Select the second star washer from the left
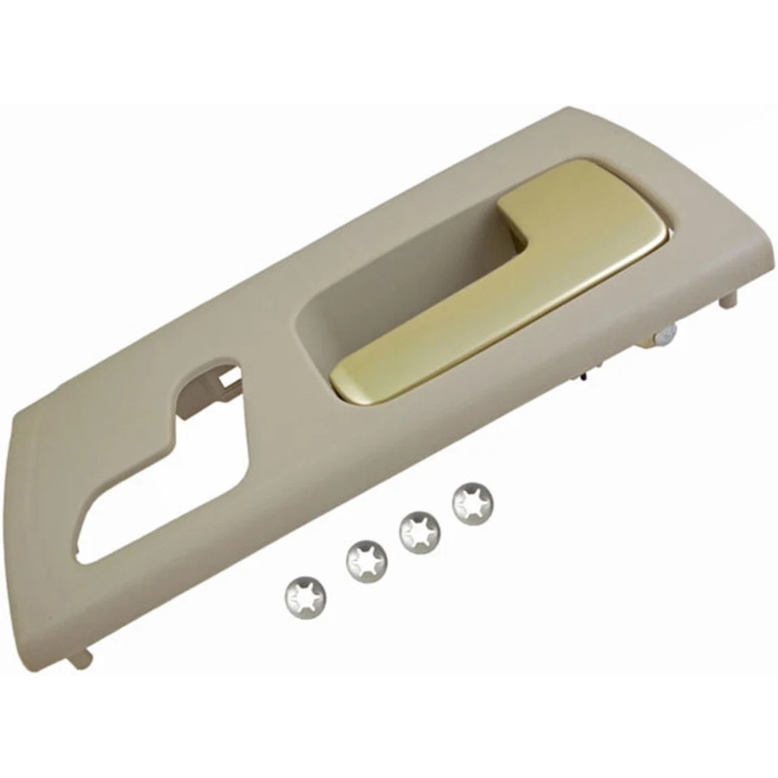tap(366, 559)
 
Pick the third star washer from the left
tap(421, 532)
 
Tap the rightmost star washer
tap(473, 503)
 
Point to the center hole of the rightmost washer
tap(473, 504)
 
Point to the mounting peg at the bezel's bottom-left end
tap(79, 660)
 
